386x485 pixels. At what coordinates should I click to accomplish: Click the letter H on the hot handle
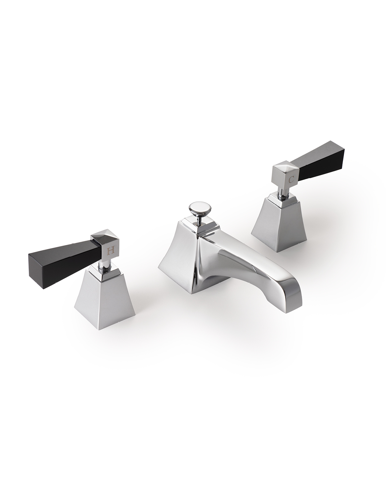click(x=111, y=251)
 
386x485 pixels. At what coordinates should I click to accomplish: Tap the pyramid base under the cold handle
click(x=279, y=221)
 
